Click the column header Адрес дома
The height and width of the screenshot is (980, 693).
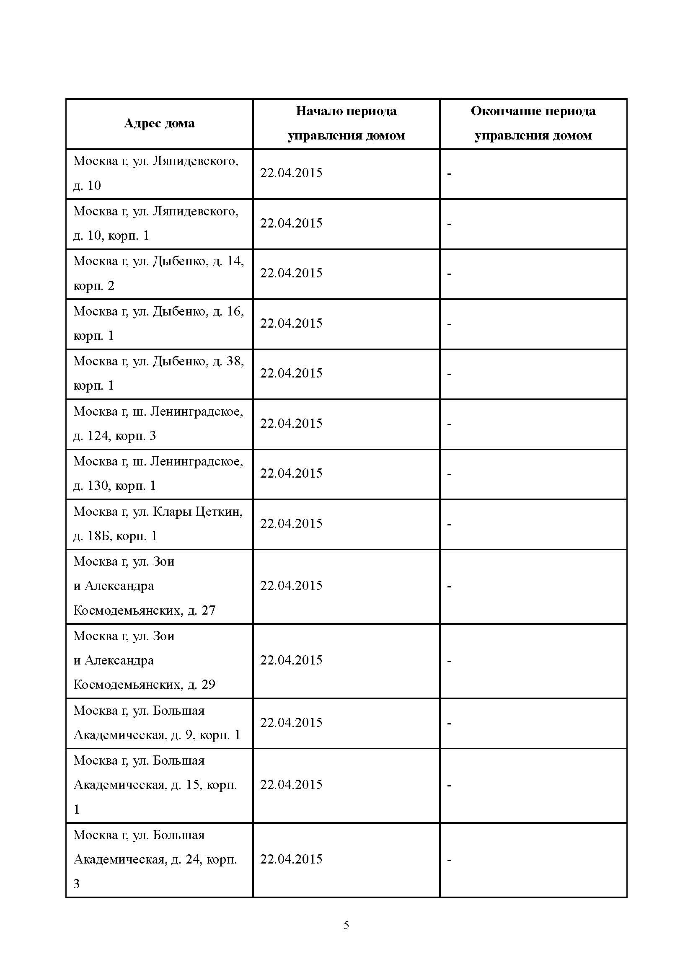coord(159,124)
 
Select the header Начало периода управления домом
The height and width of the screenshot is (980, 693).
coord(346,123)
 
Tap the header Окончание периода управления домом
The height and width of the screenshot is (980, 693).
coord(533,123)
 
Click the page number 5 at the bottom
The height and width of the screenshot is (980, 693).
coord(346,925)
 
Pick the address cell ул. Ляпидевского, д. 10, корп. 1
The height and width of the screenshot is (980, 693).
coord(156,223)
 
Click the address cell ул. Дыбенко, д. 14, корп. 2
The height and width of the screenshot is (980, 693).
coord(158,273)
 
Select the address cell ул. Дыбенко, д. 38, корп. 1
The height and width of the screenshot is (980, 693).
coord(158,373)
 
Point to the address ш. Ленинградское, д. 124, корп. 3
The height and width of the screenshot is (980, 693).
coord(158,424)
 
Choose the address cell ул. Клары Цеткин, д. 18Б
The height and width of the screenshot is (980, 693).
coord(158,524)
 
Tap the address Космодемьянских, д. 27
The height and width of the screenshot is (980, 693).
coord(144,610)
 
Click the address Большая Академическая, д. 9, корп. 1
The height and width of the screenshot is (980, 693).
coord(157,723)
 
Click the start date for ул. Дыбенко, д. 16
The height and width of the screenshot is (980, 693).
coord(291,323)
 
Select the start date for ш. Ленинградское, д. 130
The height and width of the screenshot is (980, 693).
coord(291,473)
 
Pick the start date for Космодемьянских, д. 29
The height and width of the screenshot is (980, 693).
coord(291,660)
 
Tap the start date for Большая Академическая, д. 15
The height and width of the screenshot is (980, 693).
coord(291,784)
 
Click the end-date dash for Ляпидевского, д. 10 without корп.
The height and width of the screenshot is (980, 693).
coord(449,174)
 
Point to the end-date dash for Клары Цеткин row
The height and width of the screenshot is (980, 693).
coord(449,525)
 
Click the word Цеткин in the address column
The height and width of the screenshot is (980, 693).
coord(218,512)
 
